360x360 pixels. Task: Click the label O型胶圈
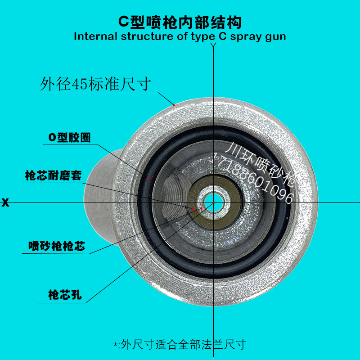69,138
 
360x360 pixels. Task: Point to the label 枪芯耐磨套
53,175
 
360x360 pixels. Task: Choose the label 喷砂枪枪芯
57,246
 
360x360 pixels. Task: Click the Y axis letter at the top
214,45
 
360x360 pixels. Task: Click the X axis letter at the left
5,202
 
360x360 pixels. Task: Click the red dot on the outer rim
174,105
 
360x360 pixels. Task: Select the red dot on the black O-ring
148,178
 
